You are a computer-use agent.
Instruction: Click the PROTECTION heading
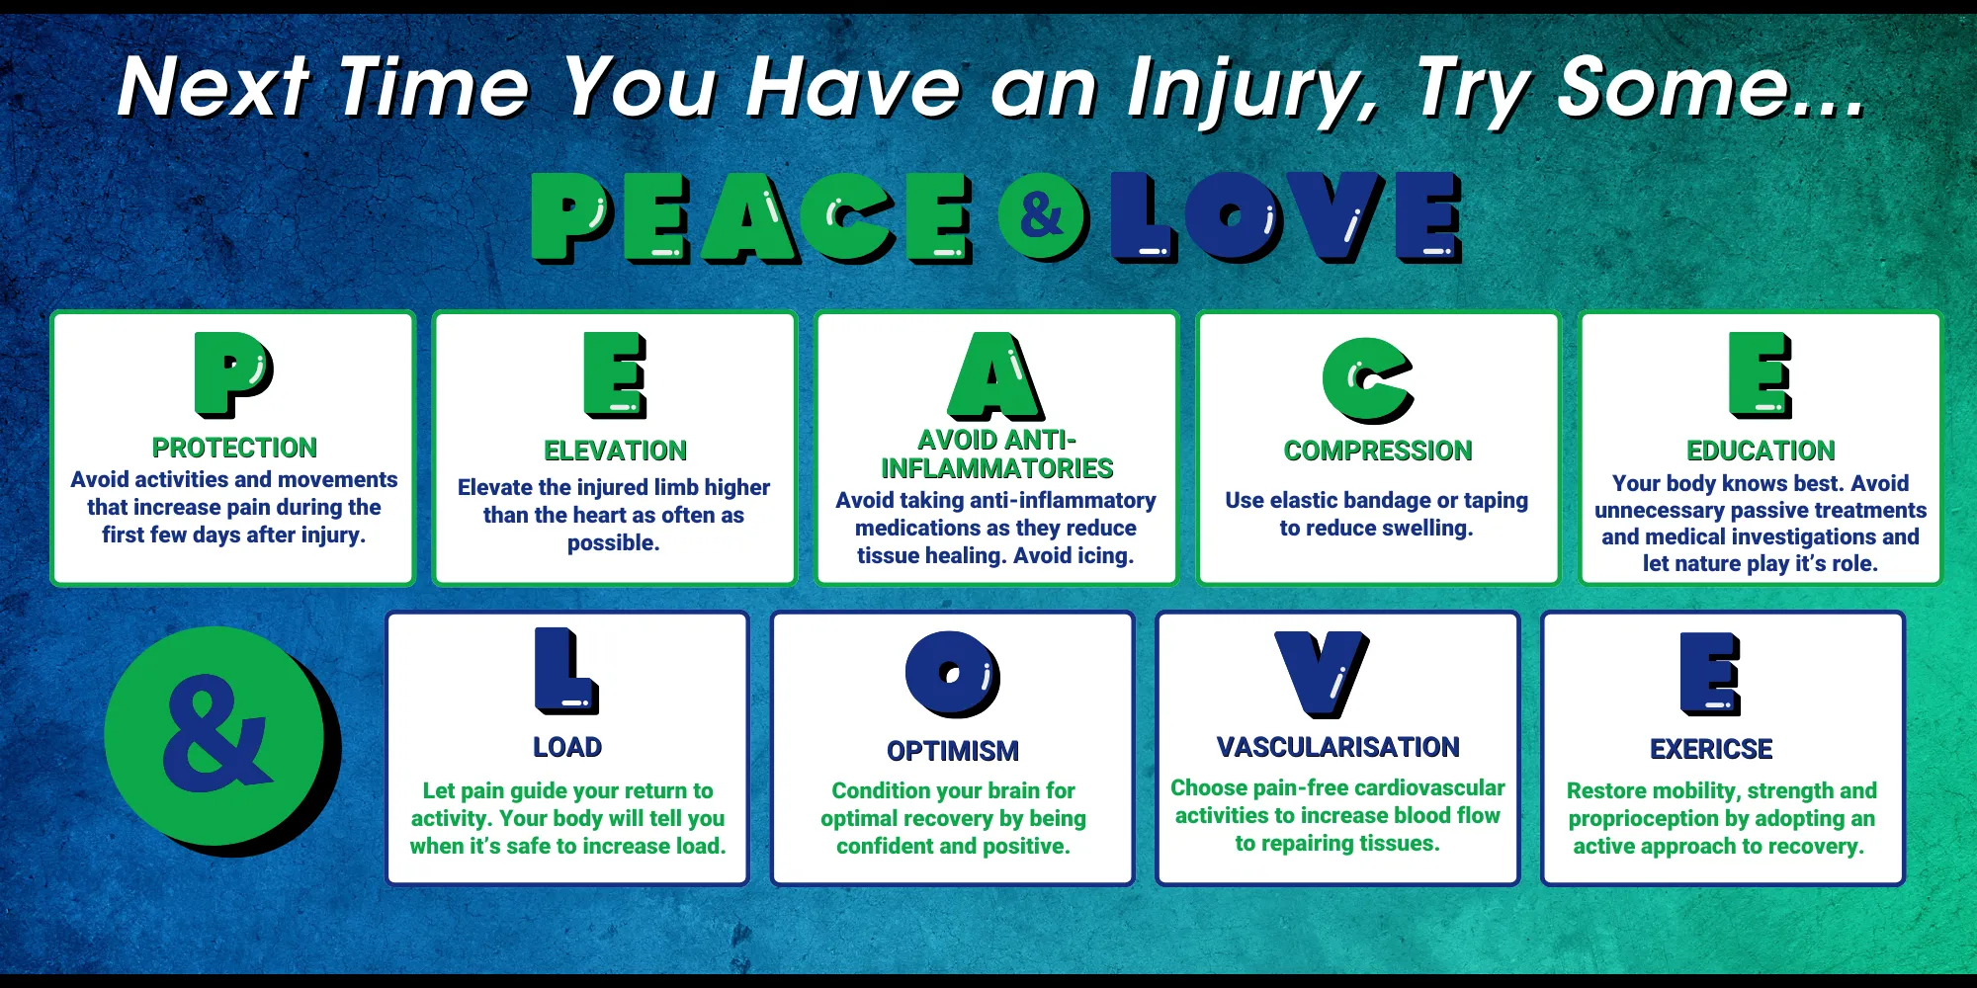click(234, 448)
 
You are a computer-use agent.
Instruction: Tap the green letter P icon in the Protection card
click(233, 373)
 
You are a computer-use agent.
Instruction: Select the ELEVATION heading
click(615, 451)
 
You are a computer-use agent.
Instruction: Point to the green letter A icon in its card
click(995, 376)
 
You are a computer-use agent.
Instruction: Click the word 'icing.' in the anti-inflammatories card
click(1103, 555)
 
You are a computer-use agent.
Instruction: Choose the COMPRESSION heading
click(1377, 451)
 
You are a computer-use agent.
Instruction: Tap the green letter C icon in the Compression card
click(1367, 379)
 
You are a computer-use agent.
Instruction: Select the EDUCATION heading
click(1760, 451)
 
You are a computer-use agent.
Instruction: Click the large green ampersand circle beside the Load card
click(215, 736)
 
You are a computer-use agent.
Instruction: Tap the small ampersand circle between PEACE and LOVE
click(1041, 215)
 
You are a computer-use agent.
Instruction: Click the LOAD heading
click(567, 747)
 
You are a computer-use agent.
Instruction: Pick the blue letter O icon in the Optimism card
click(952, 674)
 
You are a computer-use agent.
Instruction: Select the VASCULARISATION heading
click(1337, 747)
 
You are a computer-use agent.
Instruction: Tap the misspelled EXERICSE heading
click(1710, 749)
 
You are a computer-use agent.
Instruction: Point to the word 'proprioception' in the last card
click(1644, 818)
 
